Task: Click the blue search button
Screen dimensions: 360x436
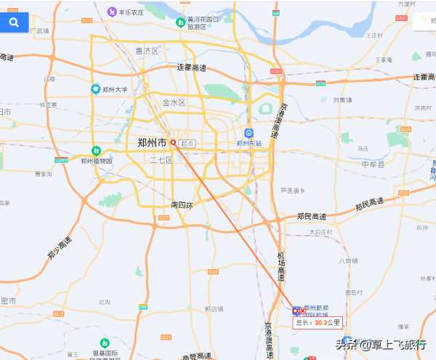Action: [14, 23]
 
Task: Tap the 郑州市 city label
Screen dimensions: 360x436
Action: [152, 143]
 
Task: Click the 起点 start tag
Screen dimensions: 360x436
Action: [187, 143]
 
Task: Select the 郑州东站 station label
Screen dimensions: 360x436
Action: [249, 143]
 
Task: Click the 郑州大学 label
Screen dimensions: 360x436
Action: [115, 89]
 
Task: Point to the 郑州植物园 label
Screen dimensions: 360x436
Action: [97, 161]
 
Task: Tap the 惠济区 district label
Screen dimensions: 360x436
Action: [147, 51]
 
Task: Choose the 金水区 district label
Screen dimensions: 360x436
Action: [174, 103]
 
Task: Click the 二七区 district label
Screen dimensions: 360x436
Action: [161, 159]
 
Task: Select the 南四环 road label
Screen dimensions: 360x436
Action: [182, 204]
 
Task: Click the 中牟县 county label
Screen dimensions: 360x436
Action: [376, 164]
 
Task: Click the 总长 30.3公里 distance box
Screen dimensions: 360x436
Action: [316, 322]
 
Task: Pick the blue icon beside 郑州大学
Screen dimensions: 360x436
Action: [95, 89]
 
